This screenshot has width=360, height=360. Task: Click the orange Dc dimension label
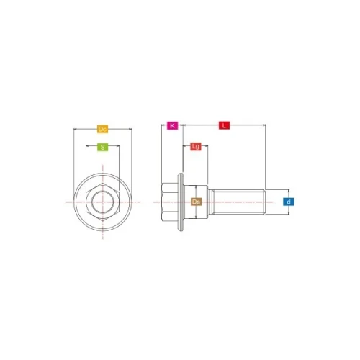pos(102,129)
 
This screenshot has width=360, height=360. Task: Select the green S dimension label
pos(102,147)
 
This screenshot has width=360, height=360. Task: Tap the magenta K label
pos(173,125)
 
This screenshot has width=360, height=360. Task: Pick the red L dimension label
pos(224,125)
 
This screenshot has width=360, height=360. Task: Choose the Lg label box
pos(196,146)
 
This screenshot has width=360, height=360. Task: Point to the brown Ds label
pos(196,202)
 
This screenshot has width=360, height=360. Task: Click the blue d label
pos(289,202)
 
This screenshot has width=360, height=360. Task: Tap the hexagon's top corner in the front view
pos(103,184)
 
